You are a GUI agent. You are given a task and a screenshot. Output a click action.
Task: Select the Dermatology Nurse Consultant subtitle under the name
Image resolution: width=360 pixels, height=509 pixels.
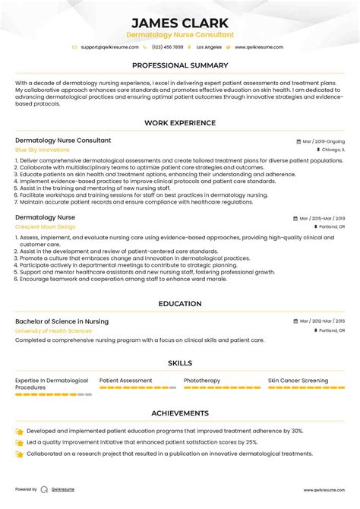pos(180,35)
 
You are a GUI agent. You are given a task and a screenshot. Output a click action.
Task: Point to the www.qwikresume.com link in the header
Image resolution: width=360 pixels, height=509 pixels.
pos(259,47)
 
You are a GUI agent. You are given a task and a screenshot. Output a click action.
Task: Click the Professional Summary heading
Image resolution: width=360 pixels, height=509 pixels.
pos(180,65)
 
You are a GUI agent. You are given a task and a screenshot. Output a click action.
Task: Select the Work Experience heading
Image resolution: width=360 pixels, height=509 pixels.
pos(180,124)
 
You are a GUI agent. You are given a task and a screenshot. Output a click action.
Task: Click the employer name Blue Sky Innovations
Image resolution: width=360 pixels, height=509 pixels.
pos(42,150)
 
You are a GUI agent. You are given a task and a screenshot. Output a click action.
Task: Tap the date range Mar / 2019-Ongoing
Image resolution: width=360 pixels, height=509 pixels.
pos(323,141)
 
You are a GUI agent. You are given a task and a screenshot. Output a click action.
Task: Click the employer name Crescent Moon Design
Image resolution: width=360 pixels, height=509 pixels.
pos(45,226)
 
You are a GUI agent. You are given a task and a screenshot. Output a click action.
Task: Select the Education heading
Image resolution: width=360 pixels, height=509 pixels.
pos(180,304)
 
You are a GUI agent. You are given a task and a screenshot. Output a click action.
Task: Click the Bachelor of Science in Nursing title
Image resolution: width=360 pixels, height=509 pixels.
pos(62,321)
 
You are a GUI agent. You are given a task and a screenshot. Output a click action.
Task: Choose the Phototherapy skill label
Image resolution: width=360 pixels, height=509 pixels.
pos(202,381)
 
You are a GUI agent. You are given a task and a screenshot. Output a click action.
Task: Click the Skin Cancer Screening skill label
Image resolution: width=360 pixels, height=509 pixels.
pos(298,381)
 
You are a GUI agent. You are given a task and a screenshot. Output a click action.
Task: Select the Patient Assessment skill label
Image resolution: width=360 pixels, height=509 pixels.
pos(126,381)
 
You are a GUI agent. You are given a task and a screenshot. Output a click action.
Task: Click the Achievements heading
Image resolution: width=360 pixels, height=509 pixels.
pos(180,413)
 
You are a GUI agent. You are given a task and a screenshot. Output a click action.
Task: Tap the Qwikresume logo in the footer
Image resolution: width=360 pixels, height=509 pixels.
pos(45,490)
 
